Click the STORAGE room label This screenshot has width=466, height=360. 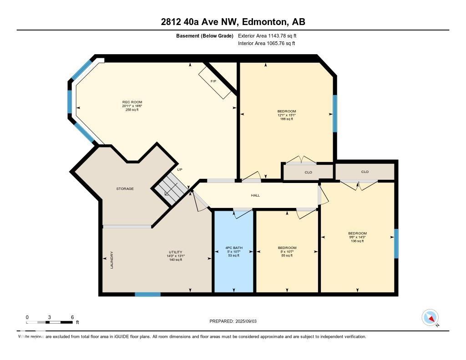125,188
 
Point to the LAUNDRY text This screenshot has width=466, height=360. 111,260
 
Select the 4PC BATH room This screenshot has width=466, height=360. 233,251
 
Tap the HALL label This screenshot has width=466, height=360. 255,195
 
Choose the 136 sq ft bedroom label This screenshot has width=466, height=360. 357,237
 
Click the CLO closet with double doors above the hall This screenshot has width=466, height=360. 308,172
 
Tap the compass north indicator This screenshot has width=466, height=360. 430,318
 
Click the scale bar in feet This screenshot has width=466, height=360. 49,322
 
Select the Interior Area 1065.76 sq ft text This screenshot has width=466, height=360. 266,44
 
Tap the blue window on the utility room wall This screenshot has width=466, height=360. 147,294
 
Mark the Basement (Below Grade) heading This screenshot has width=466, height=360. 204,35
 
